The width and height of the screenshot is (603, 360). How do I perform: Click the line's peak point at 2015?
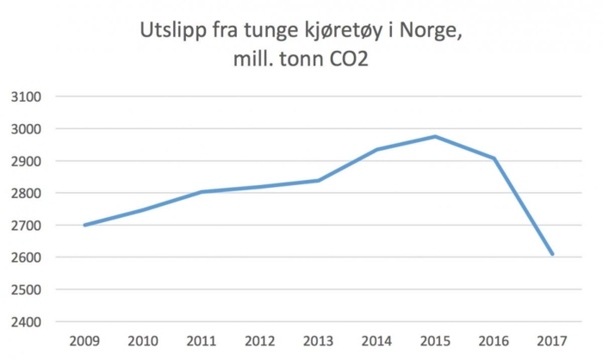[x=435, y=136]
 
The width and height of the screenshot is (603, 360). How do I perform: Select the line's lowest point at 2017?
[x=552, y=255]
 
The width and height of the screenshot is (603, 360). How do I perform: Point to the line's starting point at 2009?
[x=84, y=225]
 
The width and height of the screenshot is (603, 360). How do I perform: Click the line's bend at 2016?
[x=494, y=158]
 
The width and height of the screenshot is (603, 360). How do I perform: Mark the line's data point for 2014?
[x=376, y=150]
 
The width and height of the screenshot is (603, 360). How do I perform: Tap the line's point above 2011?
[x=202, y=192]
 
